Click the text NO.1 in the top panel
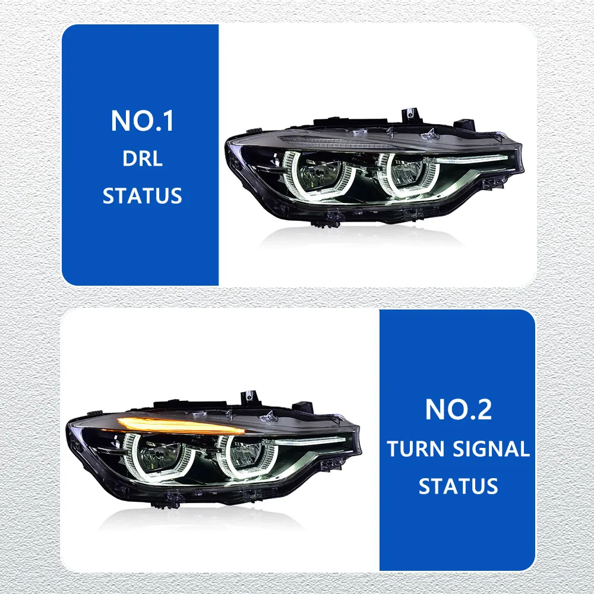click(142, 121)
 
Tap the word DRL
click(142, 159)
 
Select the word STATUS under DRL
click(142, 196)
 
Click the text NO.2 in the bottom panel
click(458, 410)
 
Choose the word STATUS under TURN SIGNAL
click(458, 486)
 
